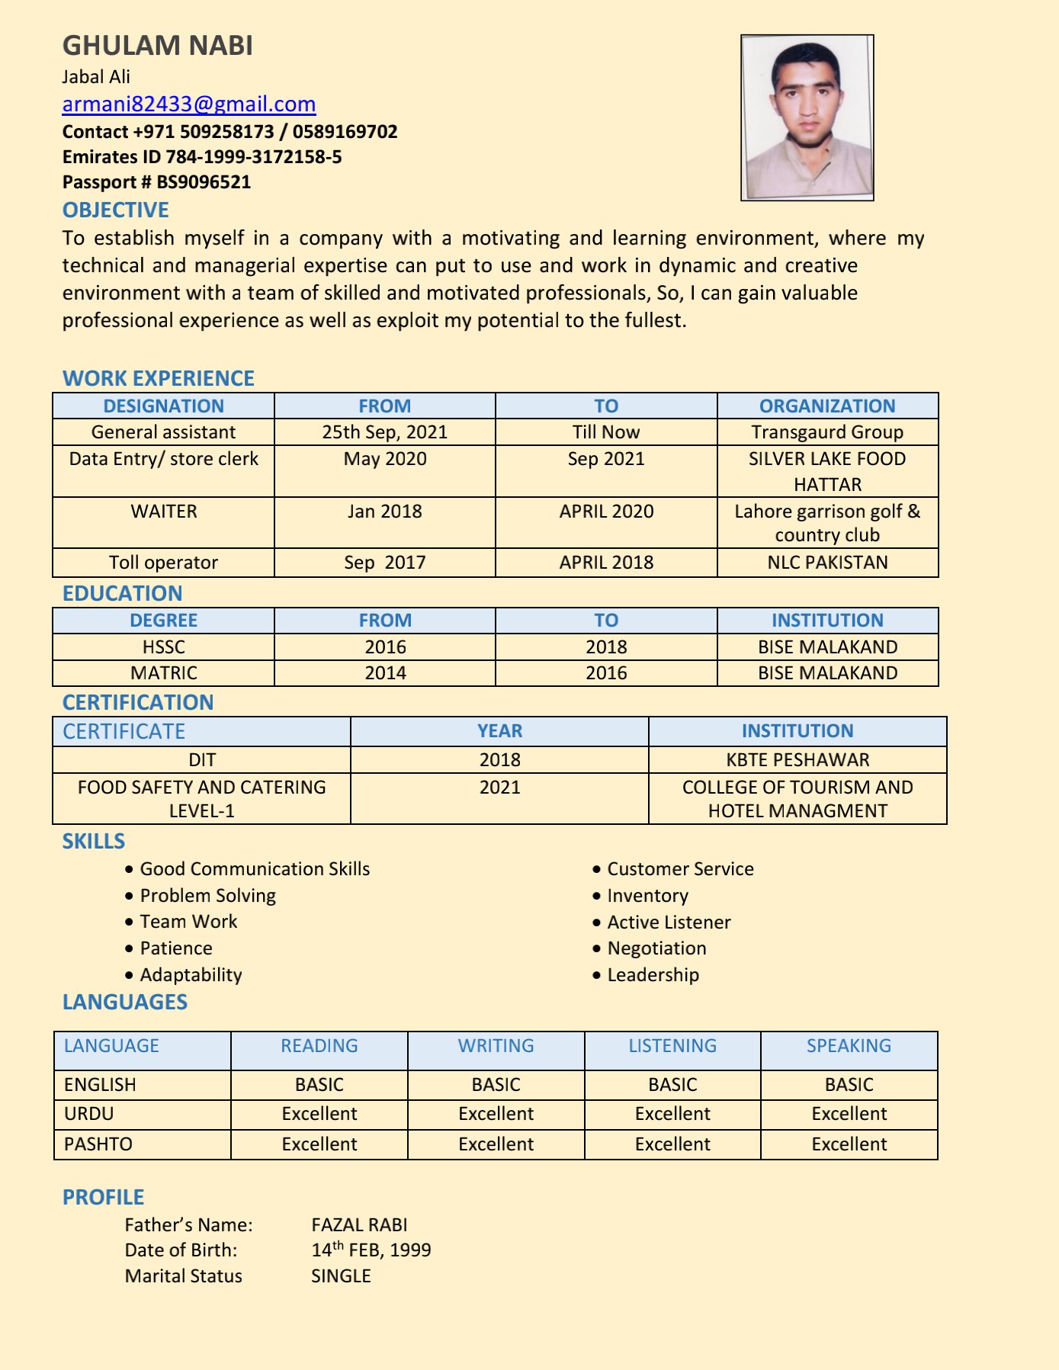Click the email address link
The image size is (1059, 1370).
pos(189,104)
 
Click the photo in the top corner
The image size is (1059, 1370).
pos(807,117)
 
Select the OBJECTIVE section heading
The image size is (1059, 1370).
pos(116,210)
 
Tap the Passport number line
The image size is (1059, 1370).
pos(156,182)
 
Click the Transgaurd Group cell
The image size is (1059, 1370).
pos(827,432)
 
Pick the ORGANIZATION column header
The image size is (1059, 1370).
pos(827,406)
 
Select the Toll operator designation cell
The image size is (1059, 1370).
pos(163,563)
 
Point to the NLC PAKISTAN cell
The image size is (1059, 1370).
pos(827,563)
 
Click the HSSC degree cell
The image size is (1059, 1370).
pos(163,646)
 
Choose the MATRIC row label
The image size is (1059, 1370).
pos(163,673)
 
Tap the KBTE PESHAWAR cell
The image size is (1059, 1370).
pos(797,759)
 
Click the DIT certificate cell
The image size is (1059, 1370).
pos(201,759)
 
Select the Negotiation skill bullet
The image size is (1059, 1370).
pos(656,948)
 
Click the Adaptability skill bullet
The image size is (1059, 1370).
pos(191,975)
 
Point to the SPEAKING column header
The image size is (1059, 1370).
pos(849,1045)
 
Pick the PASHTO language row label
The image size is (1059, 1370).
pos(98,1144)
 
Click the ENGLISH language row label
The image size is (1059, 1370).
pos(100,1084)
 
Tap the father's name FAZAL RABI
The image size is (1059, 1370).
pos(359,1224)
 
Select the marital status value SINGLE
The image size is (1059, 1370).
pos(341,1276)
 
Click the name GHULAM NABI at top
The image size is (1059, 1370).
pos(158,46)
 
